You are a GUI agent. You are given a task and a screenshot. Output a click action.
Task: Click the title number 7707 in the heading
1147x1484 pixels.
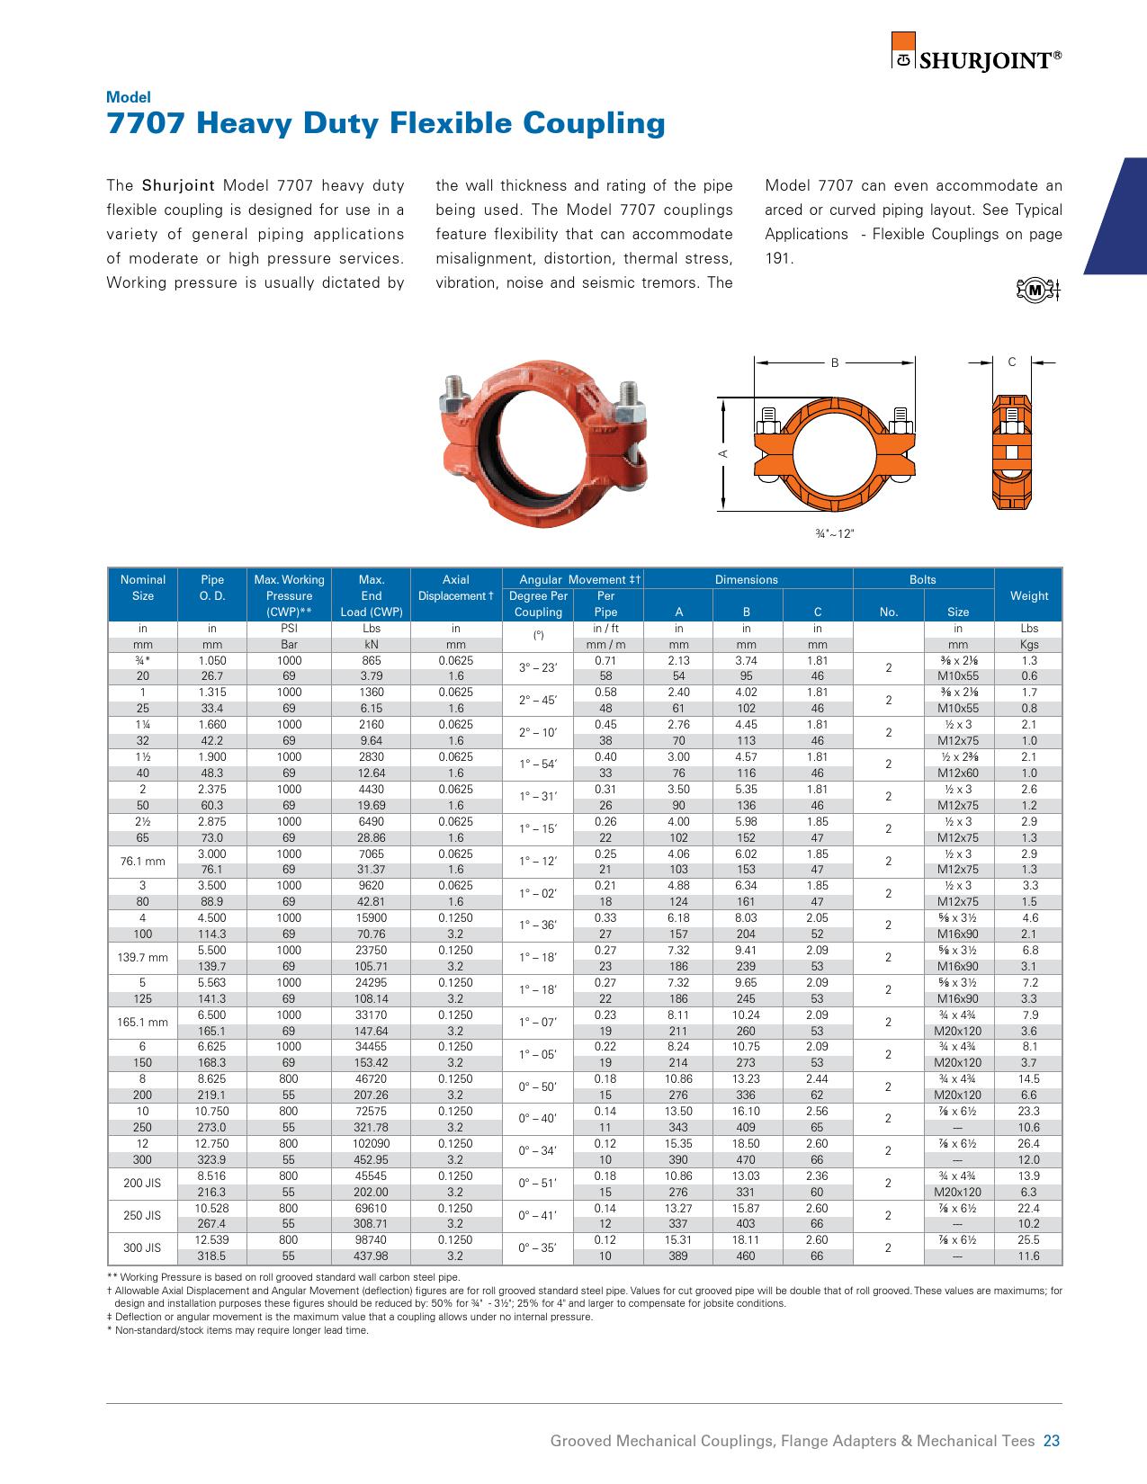(147, 123)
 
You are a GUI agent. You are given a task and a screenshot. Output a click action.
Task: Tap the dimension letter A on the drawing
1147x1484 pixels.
(722, 453)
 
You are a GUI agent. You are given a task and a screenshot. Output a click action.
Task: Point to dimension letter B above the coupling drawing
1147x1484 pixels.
(835, 362)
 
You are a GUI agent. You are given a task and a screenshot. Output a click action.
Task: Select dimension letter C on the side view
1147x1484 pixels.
(1012, 362)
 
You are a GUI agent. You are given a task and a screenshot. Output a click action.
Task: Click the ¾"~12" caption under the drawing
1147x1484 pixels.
(834, 533)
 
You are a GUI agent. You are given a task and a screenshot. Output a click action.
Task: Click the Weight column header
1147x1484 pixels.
(1029, 595)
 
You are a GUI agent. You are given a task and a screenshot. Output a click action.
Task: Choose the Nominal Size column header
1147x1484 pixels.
(143, 587)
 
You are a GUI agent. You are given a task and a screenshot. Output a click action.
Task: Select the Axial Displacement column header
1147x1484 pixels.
(456, 587)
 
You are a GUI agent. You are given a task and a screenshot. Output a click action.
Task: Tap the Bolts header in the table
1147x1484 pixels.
(923, 580)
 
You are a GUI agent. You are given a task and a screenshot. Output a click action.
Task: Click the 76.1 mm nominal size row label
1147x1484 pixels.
(143, 862)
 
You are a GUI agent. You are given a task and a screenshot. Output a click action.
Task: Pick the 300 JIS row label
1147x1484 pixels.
(143, 1247)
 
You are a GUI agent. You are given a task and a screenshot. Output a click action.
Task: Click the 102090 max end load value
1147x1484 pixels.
(372, 1144)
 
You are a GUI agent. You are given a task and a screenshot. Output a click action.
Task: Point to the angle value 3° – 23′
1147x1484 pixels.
(538, 668)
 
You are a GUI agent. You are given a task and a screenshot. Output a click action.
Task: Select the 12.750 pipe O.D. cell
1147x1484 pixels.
(212, 1144)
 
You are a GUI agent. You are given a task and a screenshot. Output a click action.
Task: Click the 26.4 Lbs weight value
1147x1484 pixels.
(1029, 1144)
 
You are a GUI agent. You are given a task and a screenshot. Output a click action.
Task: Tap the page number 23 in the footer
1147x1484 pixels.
(1052, 1441)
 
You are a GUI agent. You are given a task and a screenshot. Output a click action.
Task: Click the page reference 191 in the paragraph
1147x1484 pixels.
(779, 258)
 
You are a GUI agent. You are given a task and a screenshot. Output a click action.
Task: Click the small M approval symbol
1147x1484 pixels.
(1036, 290)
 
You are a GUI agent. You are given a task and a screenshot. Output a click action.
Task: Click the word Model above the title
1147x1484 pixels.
(129, 97)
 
